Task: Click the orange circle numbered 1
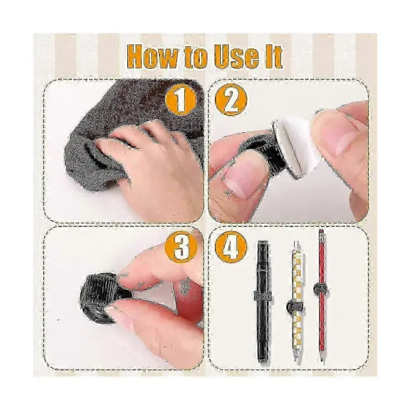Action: coord(180,99)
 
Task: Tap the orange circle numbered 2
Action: coord(231,99)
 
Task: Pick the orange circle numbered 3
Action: coord(180,247)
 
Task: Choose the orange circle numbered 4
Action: coord(231,247)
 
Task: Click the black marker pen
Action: coord(263,301)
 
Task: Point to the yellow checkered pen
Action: coord(296,303)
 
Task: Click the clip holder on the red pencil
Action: coord(321,289)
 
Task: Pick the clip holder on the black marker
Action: coord(263,295)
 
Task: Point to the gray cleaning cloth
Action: coord(131,126)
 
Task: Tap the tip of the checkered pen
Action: coord(297,362)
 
